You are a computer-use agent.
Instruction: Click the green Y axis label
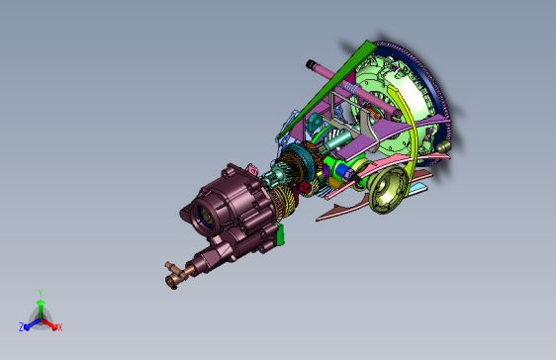pos(41,293)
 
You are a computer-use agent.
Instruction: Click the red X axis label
pos(60,327)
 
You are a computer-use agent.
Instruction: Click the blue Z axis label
pos(22,326)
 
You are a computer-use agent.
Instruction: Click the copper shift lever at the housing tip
pos(175,275)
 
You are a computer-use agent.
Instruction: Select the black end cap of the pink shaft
pos(311,64)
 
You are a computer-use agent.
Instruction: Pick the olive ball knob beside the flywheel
pos(443,146)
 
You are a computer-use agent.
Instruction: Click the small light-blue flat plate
pos(417,189)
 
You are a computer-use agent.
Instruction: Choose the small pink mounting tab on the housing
pos(251,169)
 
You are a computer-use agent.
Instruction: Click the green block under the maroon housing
pos(280,234)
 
